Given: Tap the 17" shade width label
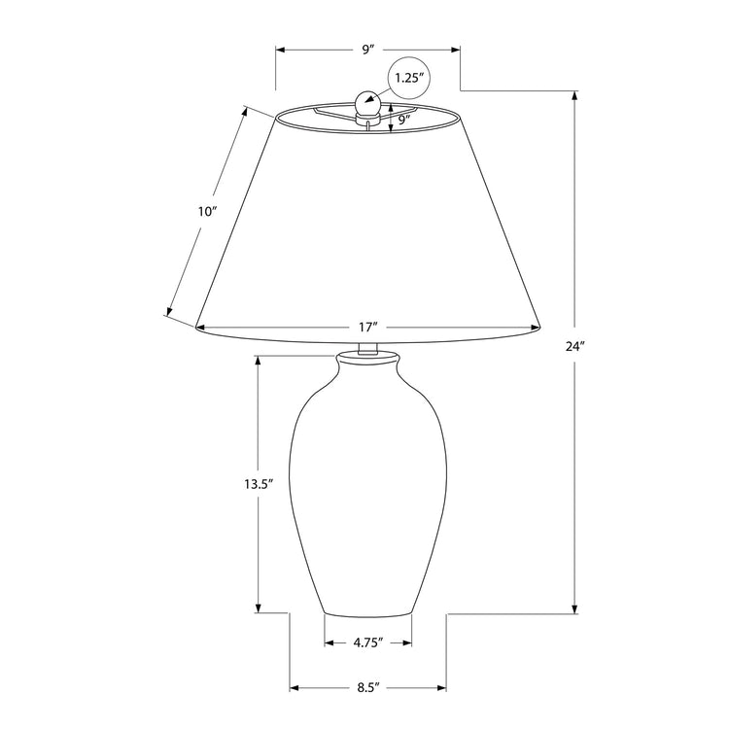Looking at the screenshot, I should [367, 329].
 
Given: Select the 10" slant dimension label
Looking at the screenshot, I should [206, 211].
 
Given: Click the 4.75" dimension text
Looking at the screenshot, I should [367, 642].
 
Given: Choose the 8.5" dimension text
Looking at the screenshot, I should [367, 687].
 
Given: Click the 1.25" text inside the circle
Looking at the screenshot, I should [409, 79].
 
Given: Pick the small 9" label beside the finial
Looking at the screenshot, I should [405, 121].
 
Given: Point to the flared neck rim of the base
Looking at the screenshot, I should [367, 362].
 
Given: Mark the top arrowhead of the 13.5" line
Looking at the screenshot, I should [258, 360].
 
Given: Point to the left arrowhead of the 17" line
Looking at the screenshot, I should [201, 329].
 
